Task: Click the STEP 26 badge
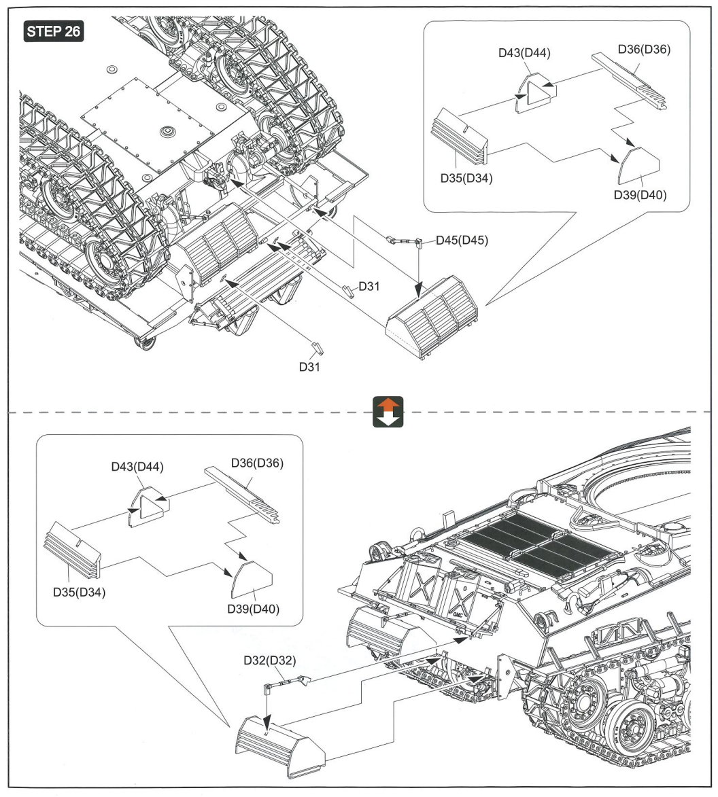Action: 54,31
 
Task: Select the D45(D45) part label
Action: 462,241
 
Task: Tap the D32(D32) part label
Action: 269,660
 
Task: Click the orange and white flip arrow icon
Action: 388,412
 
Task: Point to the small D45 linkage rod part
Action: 405,241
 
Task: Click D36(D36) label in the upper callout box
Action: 645,50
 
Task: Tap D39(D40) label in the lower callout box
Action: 253,609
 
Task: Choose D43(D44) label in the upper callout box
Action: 524,53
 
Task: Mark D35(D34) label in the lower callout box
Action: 80,592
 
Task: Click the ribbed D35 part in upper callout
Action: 459,136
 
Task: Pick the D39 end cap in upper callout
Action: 638,166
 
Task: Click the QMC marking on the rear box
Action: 460,614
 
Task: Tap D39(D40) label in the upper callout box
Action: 640,195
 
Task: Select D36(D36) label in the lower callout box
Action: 257,463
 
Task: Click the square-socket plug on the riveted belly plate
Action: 167,132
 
